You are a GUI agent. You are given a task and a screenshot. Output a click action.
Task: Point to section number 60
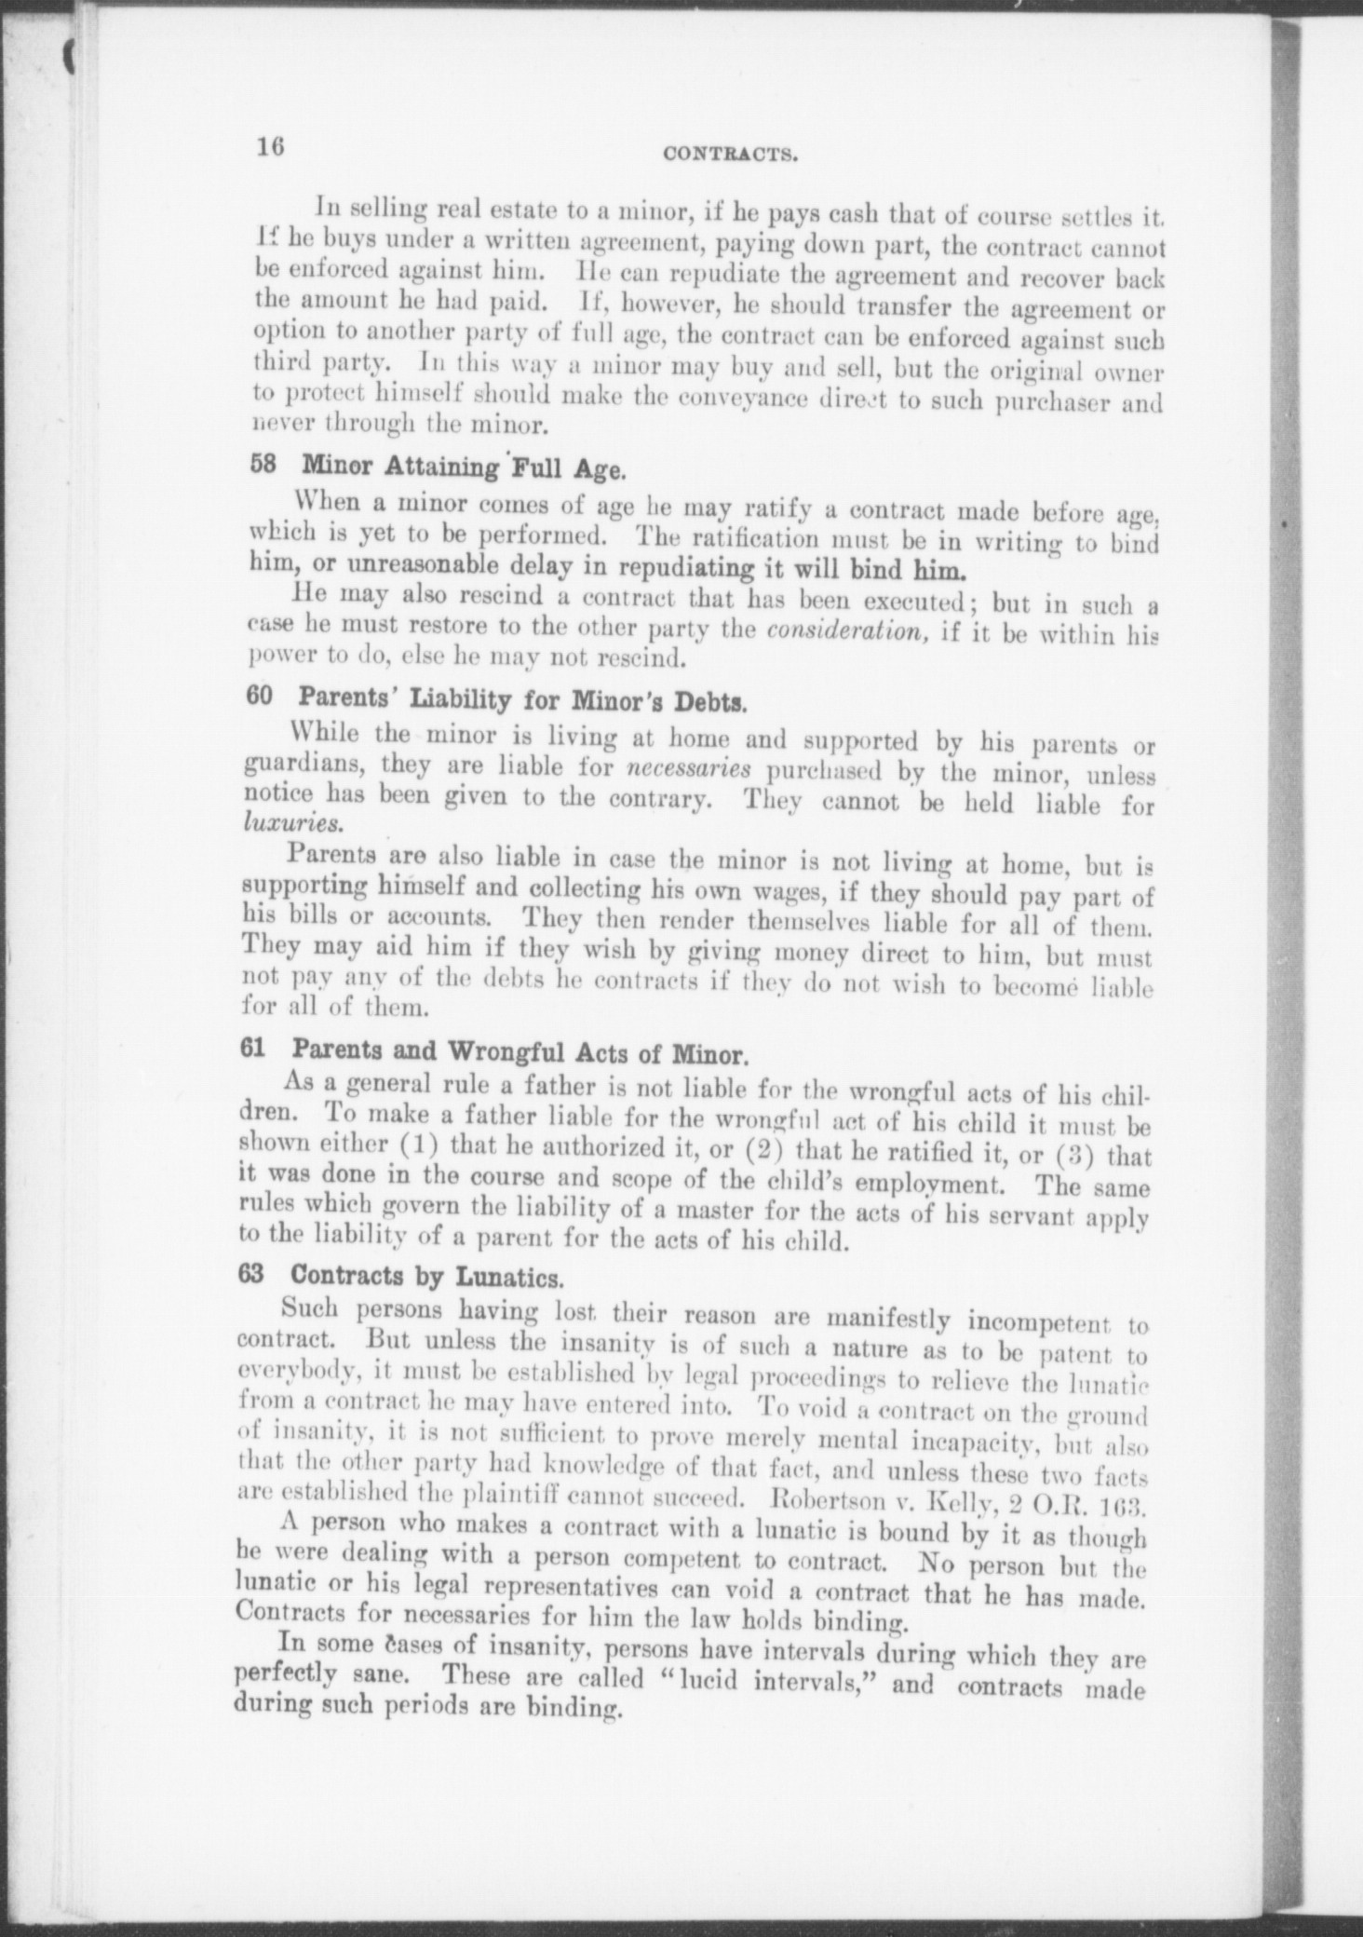click(x=259, y=698)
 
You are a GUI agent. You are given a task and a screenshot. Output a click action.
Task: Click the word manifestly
click(x=895, y=1321)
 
